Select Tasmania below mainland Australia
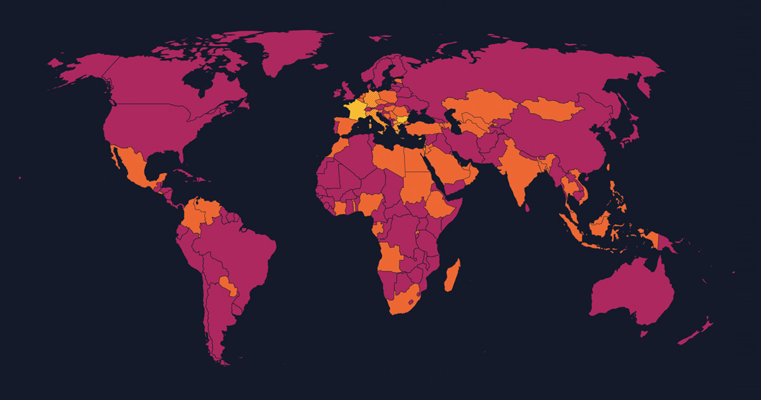tap(644, 332)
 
